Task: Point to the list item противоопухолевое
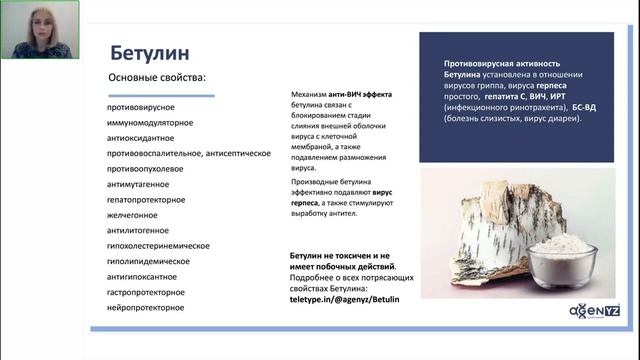(146, 169)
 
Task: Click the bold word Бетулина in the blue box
(470, 75)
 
